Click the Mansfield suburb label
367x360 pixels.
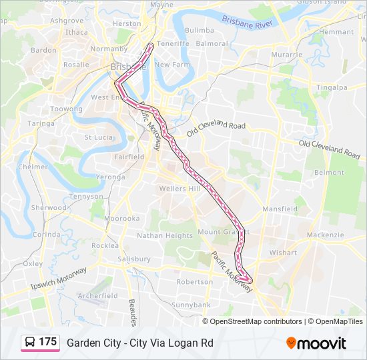(280, 209)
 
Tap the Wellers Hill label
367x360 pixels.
(179, 189)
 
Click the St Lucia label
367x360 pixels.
(97, 137)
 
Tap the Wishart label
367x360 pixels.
(283, 253)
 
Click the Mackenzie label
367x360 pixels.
(326, 235)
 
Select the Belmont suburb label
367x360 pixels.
(329, 172)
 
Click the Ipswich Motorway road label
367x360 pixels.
(59, 279)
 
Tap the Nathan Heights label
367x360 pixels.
(165, 235)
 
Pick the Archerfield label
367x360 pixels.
(97, 295)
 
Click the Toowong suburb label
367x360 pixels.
(66, 109)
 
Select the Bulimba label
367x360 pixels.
(199, 30)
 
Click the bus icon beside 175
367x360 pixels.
(30, 342)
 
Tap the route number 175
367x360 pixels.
(47, 342)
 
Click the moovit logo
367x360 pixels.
(316, 343)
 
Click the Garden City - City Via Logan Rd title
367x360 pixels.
(140, 343)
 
